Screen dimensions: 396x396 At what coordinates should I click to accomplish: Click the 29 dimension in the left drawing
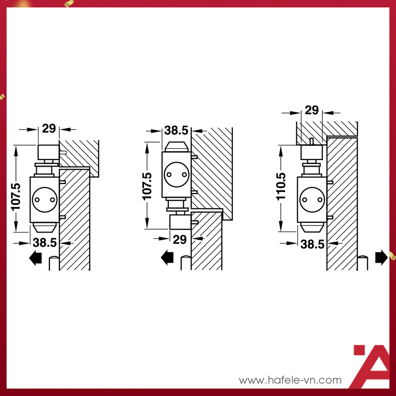(49, 129)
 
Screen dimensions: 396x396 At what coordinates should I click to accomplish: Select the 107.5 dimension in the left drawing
(16, 197)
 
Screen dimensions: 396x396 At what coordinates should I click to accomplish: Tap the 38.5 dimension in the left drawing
(45, 243)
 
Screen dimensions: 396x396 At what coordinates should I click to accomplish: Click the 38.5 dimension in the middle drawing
(176, 130)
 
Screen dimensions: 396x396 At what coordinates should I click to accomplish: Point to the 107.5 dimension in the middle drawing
(147, 186)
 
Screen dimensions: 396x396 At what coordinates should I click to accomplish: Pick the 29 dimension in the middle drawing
(180, 239)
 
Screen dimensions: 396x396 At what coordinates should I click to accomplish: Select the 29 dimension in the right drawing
(312, 110)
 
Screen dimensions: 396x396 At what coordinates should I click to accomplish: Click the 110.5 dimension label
(281, 186)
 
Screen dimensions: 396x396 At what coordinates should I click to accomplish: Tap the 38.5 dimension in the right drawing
(312, 244)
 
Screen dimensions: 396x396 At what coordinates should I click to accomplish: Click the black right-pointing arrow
(381, 257)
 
